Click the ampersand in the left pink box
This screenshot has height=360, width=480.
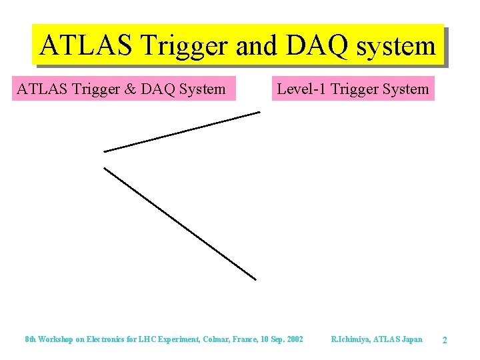point(127,89)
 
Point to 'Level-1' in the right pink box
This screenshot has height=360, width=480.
point(301,89)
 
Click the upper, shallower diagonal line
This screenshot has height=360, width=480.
point(181,132)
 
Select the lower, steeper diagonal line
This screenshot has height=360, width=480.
point(180,223)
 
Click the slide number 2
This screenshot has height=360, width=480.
point(445,341)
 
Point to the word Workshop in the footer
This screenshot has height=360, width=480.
point(57,339)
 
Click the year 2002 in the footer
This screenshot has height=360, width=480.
point(293,339)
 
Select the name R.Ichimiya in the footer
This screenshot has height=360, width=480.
point(351,339)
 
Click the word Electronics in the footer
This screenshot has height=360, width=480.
point(111,339)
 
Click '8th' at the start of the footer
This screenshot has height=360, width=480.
point(31,339)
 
